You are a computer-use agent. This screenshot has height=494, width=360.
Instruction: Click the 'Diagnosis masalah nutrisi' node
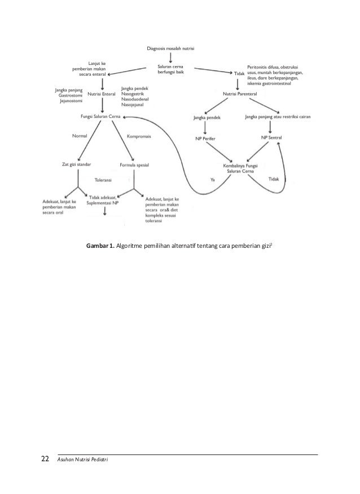[170, 49]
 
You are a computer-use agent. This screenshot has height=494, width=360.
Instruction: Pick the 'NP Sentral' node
[272, 138]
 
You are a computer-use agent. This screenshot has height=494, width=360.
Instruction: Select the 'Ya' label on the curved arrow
[212, 180]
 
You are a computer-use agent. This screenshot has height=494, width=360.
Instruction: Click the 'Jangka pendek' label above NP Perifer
[207, 117]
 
